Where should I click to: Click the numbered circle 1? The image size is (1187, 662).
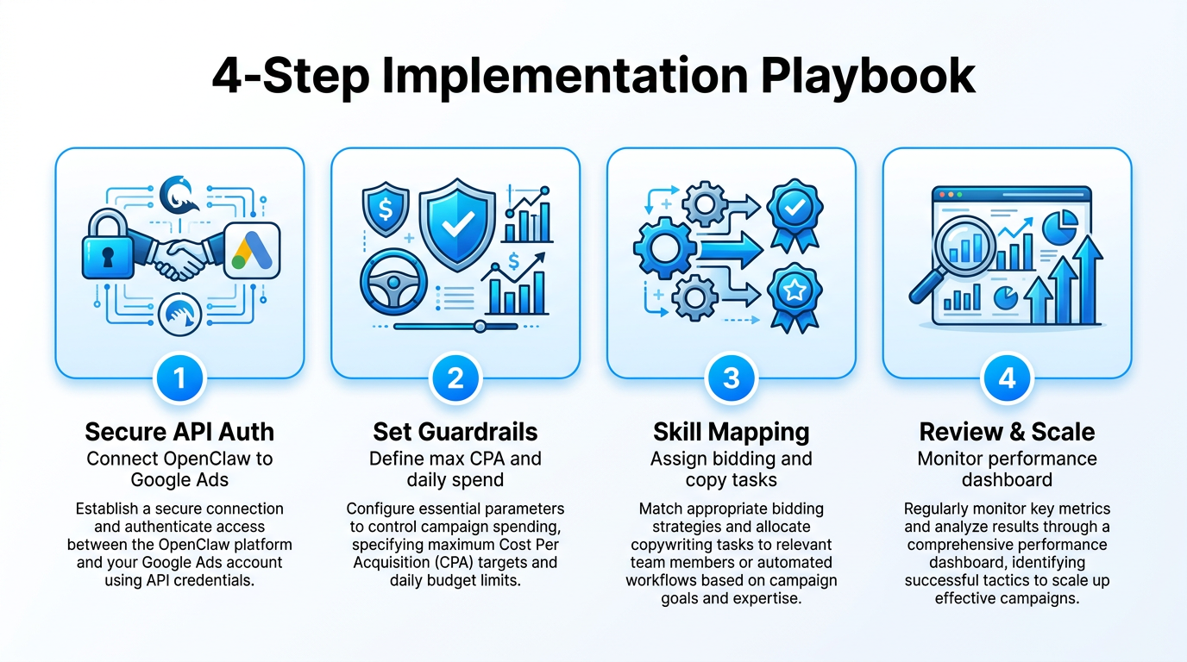click(179, 378)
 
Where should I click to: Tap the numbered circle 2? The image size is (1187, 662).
click(455, 378)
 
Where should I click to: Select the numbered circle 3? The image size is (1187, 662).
click(731, 378)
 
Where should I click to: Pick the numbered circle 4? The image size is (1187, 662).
click(1007, 378)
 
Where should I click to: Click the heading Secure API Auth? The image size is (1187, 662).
click(179, 431)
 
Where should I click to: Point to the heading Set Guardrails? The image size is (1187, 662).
click(455, 431)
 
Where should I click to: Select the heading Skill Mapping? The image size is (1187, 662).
click(731, 431)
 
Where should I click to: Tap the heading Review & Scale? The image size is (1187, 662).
click(1007, 431)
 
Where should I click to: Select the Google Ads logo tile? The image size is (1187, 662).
click(252, 250)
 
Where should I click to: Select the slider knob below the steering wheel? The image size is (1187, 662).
click(480, 327)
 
